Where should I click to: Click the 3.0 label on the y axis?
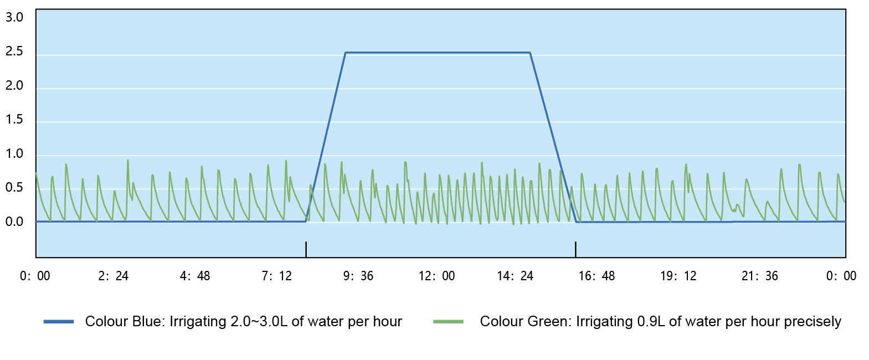pos(14,17)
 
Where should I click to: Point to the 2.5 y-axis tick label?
pos(14,52)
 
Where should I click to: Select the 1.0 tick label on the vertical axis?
pos(14,154)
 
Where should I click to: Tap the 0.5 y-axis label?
pos(14,188)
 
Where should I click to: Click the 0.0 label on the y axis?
pos(14,222)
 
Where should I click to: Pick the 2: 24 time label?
pos(114,276)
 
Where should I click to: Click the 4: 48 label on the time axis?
pos(195,276)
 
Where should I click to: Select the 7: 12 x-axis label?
pos(276,276)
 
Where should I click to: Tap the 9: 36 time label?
pos(358,276)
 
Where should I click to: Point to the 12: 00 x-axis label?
pos(436,276)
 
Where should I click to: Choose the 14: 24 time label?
pos(515,276)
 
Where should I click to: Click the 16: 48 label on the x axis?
pos(597,276)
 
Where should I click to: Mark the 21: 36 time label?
pos(760,276)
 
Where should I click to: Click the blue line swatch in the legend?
pos(59,322)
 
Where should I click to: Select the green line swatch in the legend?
pos(449,322)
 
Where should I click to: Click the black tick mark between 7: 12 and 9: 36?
pos(306,249)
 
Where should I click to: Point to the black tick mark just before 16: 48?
pos(575,249)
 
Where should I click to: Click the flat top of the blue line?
pos(438,53)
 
